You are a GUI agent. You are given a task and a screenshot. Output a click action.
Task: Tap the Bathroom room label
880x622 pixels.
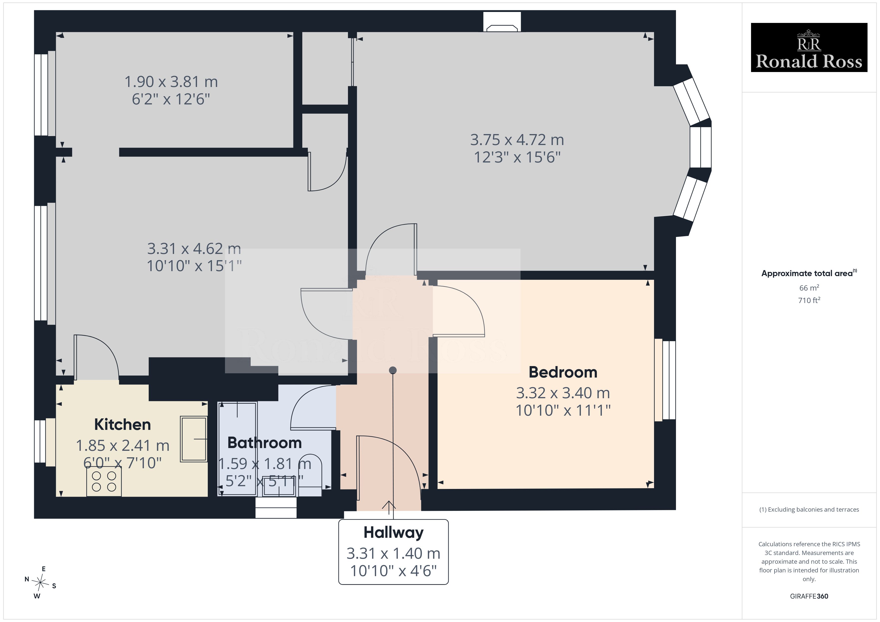[x=264, y=443]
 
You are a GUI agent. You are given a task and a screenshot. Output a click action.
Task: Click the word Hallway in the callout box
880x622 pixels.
[x=394, y=532]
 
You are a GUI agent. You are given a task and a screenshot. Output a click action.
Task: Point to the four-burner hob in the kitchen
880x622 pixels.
[x=104, y=481]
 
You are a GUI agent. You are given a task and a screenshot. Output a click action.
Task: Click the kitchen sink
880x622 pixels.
[x=194, y=439]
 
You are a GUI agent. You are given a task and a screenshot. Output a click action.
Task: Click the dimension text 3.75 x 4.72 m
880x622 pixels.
[x=517, y=140]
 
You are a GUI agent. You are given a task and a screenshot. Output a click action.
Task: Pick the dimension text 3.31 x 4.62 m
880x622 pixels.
[x=194, y=248]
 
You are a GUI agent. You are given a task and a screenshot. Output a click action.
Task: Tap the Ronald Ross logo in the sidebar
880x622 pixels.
[x=809, y=48]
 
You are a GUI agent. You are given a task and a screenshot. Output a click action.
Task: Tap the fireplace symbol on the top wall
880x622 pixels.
[x=502, y=28]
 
